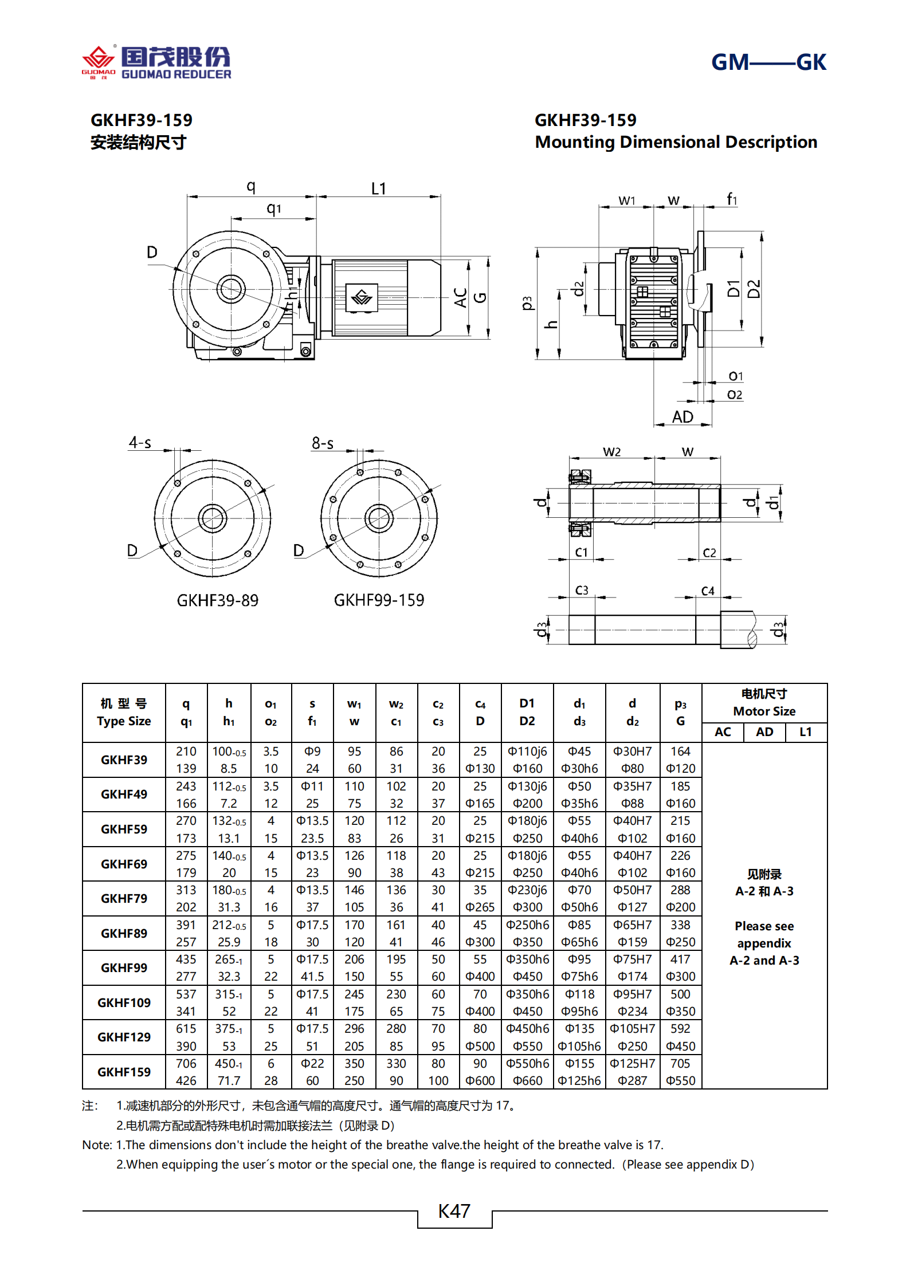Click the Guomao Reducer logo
point(156,62)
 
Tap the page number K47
point(454,1210)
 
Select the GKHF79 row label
point(124,898)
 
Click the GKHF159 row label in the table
point(124,1072)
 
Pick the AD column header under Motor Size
point(764,732)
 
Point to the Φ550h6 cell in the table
point(527,1063)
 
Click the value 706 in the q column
point(186,1063)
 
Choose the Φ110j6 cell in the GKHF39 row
point(527,751)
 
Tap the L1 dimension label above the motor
point(379,188)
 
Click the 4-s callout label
point(140,442)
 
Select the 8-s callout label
point(323,443)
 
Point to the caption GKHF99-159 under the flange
point(379,600)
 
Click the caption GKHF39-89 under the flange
point(217,600)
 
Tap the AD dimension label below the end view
point(682,416)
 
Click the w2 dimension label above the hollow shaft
point(611,451)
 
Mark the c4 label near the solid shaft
point(708,591)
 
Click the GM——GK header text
point(768,62)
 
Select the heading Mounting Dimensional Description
point(676,141)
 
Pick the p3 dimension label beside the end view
point(527,302)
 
